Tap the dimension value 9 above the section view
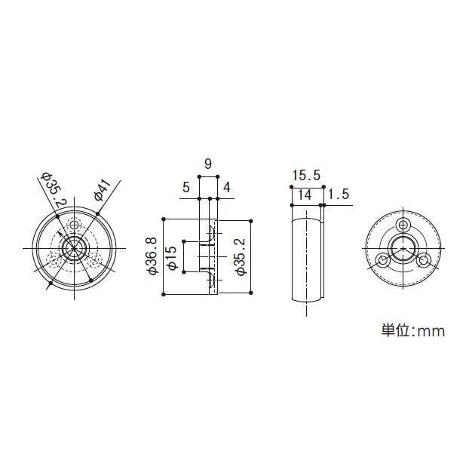[x=207, y=163]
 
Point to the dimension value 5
[x=185, y=188]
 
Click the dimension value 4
[x=227, y=188]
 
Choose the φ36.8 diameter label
[x=152, y=257]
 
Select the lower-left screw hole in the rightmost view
[x=383, y=261]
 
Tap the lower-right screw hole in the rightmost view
[x=425, y=261]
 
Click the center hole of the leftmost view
[x=74, y=248]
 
